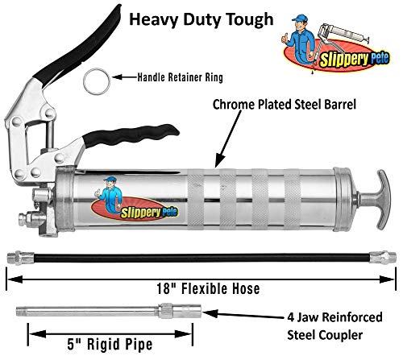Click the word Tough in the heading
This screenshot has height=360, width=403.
[x=250, y=19]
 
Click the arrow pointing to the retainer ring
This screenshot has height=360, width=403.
[x=125, y=77]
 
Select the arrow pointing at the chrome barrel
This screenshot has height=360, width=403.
[x=227, y=139]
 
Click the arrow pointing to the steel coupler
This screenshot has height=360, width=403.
[x=245, y=315]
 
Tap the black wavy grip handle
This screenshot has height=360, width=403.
[x=131, y=135]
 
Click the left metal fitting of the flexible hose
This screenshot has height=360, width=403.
[x=21, y=258]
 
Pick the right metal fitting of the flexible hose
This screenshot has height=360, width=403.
[x=383, y=258]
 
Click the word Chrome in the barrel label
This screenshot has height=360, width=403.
[x=234, y=105]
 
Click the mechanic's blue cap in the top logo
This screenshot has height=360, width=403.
[x=299, y=18]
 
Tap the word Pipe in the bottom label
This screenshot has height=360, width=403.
[x=139, y=346]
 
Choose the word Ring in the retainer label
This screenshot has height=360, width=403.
[x=214, y=77]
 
